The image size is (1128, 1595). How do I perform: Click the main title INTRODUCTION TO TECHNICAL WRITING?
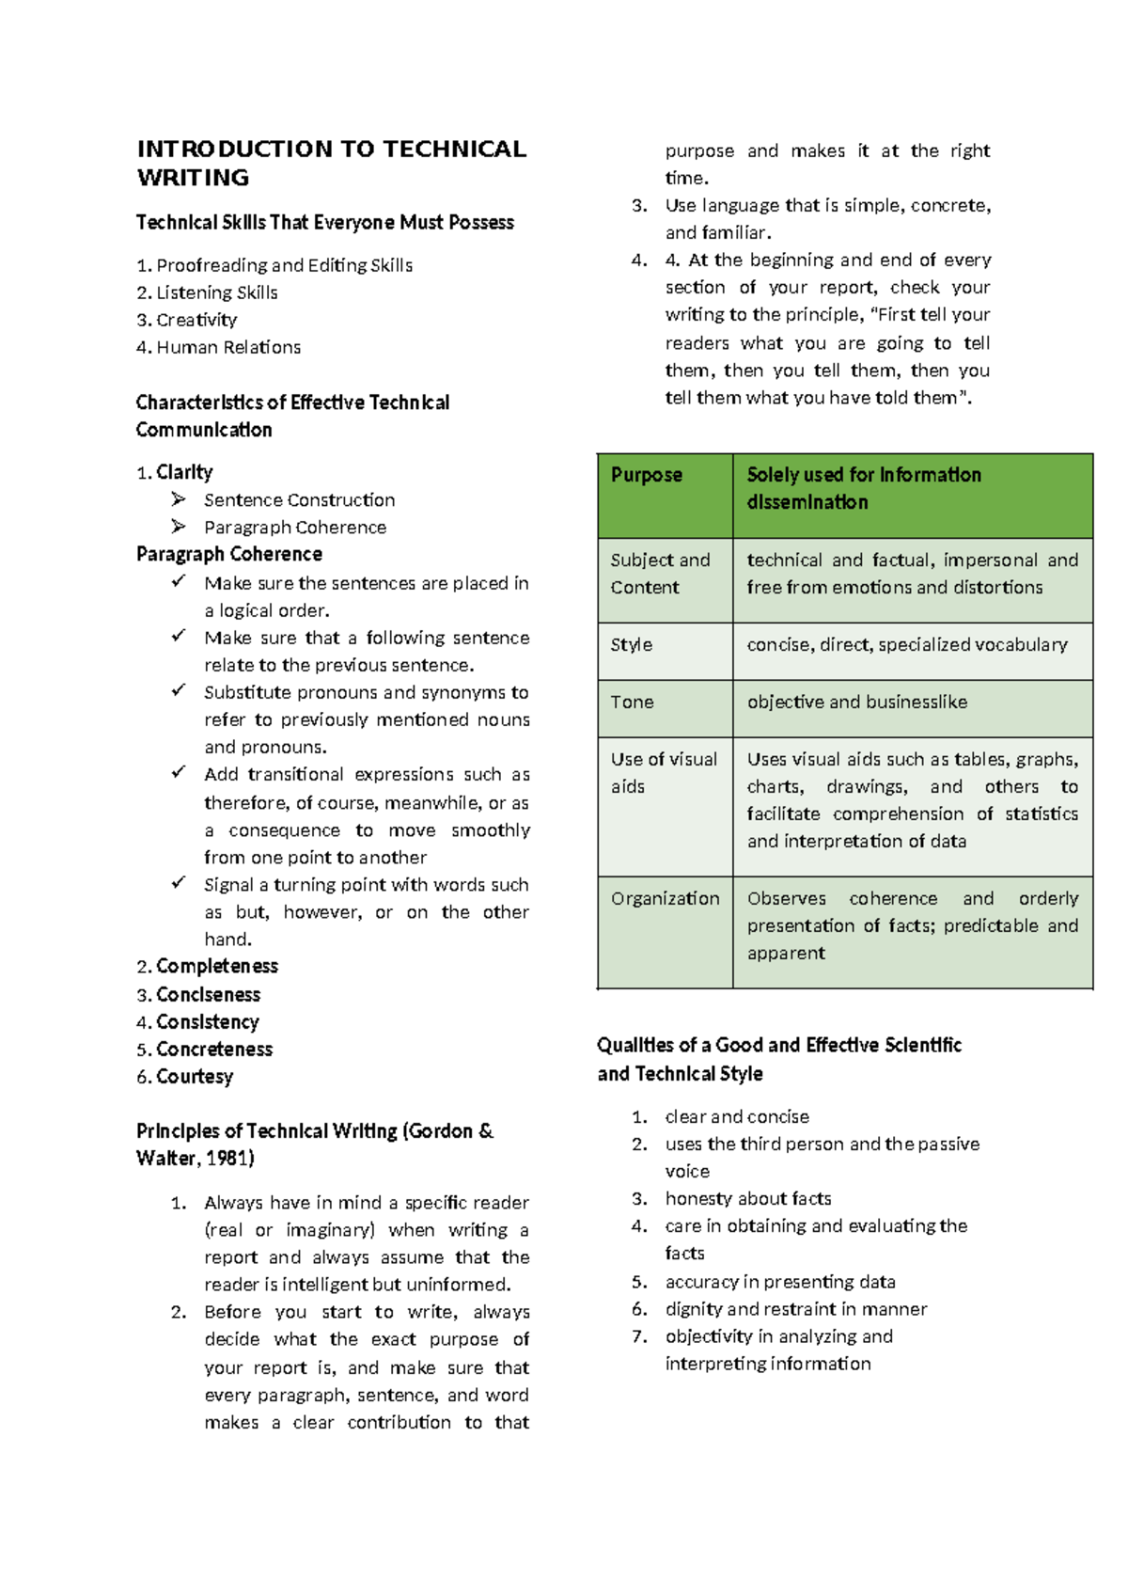click(331, 163)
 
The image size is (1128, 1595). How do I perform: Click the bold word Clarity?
click(184, 472)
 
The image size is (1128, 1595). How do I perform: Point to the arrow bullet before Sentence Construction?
click(179, 499)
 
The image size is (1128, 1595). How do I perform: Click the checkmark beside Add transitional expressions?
click(179, 773)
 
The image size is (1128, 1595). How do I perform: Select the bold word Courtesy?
click(195, 1077)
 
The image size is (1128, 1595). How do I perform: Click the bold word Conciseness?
click(208, 995)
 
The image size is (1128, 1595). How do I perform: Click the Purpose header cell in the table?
click(647, 475)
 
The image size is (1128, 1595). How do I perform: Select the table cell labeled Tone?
click(632, 703)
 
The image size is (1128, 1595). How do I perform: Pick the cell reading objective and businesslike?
click(856, 703)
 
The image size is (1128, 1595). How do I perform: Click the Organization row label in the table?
click(665, 899)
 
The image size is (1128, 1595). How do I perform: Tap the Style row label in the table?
click(631, 645)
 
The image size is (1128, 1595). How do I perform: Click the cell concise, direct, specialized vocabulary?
click(906, 645)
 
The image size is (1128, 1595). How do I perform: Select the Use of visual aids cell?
click(664, 772)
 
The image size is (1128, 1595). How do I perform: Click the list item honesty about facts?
click(747, 1199)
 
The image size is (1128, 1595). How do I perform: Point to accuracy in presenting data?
click(779, 1282)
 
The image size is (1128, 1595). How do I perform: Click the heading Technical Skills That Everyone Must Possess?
click(324, 223)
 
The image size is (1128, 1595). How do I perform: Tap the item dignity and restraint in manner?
click(795, 1309)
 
